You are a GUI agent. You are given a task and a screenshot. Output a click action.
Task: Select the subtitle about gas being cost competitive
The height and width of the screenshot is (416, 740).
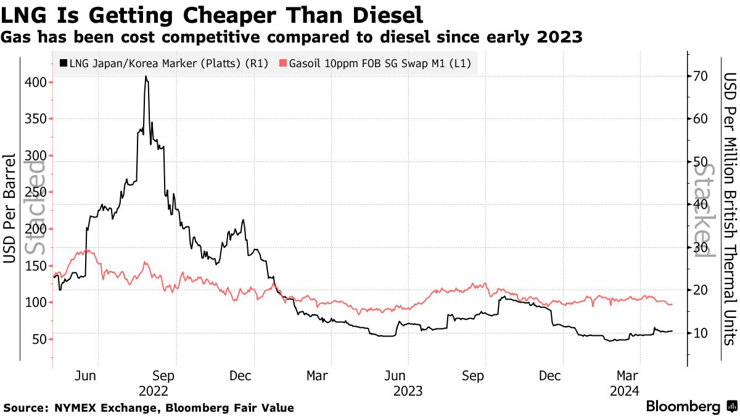(x=292, y=38)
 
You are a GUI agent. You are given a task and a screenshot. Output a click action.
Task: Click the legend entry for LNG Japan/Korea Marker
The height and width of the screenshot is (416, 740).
(x=164, y=63)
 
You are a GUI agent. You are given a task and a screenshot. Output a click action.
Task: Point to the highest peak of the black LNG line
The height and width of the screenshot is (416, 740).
(x=146, y=76)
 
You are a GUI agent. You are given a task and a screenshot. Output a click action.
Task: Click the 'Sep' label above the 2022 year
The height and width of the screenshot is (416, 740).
(x=163, y=375)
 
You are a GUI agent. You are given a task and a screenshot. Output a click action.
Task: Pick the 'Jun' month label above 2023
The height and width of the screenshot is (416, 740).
(x=395, y=375)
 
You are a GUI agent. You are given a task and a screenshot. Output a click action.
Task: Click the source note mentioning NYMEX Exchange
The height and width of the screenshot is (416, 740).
(x=149, y=408)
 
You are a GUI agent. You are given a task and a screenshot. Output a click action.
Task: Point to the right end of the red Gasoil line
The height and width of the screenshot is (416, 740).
(x=672, y=304)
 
